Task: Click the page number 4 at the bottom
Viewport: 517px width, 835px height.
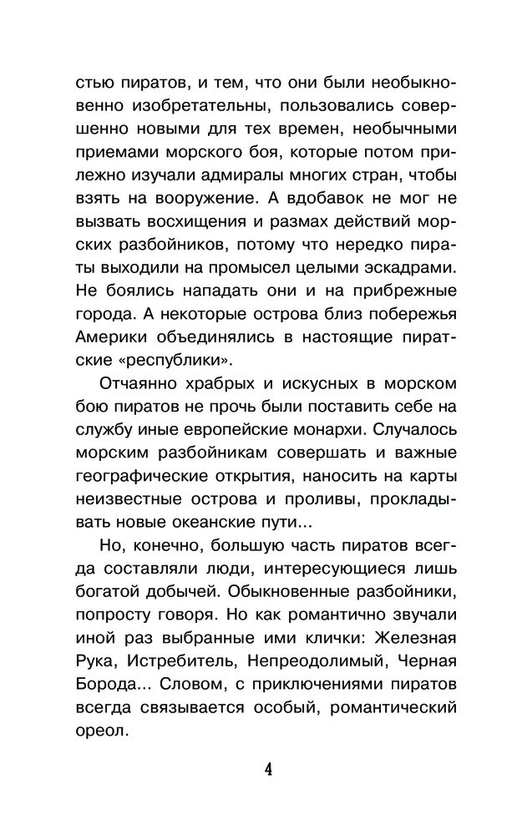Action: coord(268,768)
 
